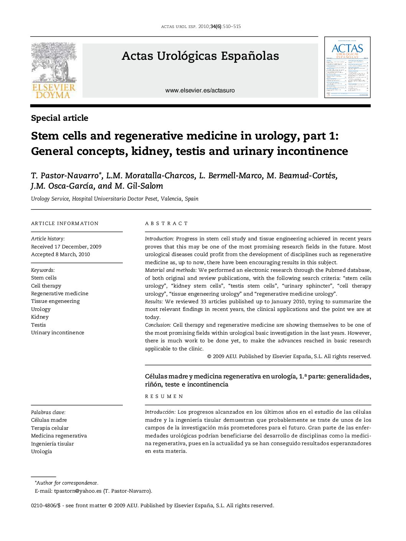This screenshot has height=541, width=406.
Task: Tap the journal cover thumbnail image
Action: click(x=347, y=67)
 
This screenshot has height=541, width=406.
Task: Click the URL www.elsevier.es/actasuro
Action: click(x=200, y=90)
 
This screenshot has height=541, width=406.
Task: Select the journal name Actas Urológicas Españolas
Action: click(x=200, y=56)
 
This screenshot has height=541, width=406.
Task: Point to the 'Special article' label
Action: click(x=59, y=118)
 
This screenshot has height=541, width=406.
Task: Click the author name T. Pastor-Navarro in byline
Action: click(x=64, y=176)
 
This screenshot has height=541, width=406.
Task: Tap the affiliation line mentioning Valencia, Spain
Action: click(x=114, y=199)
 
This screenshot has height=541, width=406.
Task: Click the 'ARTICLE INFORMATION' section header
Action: click(x=65, y=224)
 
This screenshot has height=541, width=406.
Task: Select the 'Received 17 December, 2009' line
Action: click(x=66, y=247)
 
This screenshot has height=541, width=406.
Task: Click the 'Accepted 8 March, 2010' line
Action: click(x=60, y=254)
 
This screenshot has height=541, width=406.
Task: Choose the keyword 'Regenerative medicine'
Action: click(x=59, y=293)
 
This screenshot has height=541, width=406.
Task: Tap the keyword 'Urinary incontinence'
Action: click(x=58, y=332)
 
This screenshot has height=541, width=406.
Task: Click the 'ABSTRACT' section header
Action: click(x=167, y=224)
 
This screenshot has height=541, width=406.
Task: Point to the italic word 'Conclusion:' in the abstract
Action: click(x=158, y=325)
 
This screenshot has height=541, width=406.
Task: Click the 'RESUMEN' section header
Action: click(x=164, y=396)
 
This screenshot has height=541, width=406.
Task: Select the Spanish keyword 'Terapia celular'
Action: click(x=50, y=428)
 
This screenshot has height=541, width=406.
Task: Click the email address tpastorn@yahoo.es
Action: click(x=78, y=491)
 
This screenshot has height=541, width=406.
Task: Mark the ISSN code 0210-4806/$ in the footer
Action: click(x=46, y=505)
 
